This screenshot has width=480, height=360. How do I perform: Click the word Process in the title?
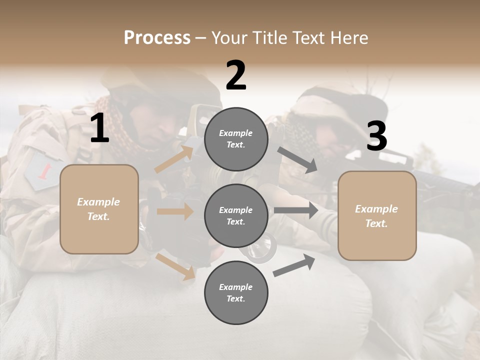click(x=157, y=37)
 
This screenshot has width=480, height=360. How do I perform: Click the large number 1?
click(x=99, y=128)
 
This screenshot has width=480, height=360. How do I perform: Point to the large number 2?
click(x=236, y=75)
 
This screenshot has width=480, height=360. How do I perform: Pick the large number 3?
click(x=376, y=136)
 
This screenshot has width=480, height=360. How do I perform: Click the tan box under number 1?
click(x=99, y=209)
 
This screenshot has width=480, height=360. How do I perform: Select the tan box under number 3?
click(x=377, y=216)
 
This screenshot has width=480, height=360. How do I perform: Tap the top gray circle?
click(x=236, y=139)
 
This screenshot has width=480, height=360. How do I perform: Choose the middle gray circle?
click(x=236, y=216)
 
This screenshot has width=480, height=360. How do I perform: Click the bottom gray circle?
click(x=236, y=293)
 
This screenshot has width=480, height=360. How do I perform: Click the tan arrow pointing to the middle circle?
click(x=175, y=211)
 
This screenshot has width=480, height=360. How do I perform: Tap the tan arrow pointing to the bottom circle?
click(x=175, y=266)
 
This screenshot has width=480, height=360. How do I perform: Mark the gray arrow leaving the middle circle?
click(x=296, y=210)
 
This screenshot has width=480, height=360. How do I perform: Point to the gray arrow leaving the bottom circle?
click(x=294, y=265)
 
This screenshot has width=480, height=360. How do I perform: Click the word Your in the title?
click(x=229, y=37)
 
